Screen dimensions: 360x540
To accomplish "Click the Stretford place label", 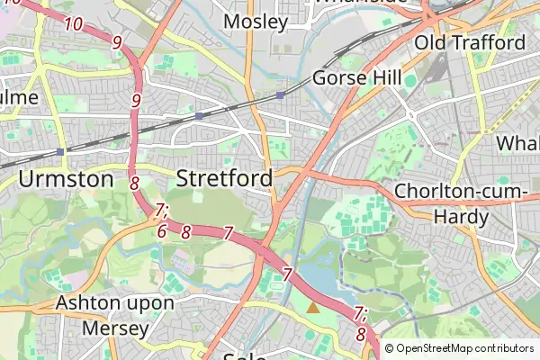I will (x=224, y=178).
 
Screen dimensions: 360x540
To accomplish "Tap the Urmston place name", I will (x=67, y=178).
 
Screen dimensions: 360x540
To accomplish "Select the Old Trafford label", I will (x=470, y=42).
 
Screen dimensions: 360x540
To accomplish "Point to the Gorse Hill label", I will (x=356, y=78).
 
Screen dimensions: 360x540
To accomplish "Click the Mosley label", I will (x=256, y=21).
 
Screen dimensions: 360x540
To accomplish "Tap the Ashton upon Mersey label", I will (x=115, y=315).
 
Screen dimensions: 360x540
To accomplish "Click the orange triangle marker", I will (x=313, y=308).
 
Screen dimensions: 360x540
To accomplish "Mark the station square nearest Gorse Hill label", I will (x=282, y=94).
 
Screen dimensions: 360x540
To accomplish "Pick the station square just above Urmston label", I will (x=60, y=151).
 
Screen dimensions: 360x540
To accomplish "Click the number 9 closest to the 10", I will (x=117, y=41).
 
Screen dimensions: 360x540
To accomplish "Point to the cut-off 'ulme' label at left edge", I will (x=20, y=96).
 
